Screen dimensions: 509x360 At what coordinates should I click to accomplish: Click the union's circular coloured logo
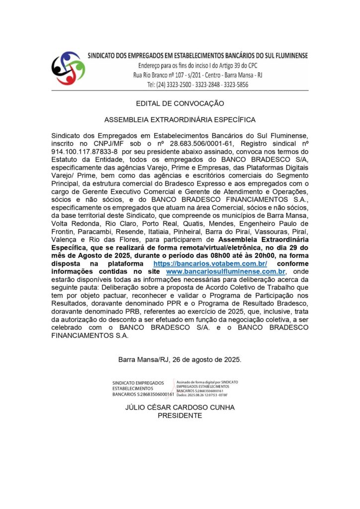pyautogui.click(x=68, y=68)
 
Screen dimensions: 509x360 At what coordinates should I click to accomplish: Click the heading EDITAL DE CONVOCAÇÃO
pyautogui.click(x=180, y=103)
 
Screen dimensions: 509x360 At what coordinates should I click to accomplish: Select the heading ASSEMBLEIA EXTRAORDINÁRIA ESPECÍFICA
pyautogui.click(x=180, y=120)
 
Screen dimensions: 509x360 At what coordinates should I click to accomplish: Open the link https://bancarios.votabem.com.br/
pyautogui.click(x=210, y=263)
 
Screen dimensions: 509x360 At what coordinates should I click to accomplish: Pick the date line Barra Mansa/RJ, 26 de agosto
pyautogui.click(x=180, y=359)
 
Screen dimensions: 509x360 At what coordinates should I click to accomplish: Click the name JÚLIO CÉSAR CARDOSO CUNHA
pyautogui.click(x=180, y=408)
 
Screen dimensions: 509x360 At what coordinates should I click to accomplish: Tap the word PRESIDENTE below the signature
pyautogui.click(x=180, y=416)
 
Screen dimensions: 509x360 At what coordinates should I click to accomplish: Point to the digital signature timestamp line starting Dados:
pyautogui.click(x=202, y=395)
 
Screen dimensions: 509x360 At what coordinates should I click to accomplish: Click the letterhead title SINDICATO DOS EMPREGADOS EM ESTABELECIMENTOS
pyautogui.click(x=198, y=55)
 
